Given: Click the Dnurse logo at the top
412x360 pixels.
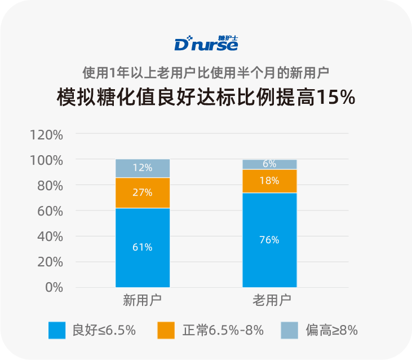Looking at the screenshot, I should (206, 43).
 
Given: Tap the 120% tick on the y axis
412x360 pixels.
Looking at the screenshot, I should (46, 135).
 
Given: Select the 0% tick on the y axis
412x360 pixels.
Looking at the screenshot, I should (53, 287).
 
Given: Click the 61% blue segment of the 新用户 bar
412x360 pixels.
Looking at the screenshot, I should (143, 248).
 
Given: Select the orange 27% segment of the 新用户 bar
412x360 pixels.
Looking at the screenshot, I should (143, 192).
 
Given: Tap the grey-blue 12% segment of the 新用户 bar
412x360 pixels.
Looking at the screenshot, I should (143, 168).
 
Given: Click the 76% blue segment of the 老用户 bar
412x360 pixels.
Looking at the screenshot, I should (269, 240).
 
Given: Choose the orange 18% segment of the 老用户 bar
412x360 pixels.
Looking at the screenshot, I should (269, 181).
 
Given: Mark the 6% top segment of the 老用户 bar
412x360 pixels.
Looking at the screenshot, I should (269, 164).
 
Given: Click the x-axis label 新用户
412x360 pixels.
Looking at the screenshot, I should (143, 299).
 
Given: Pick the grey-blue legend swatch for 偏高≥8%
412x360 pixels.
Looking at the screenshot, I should (289, 330).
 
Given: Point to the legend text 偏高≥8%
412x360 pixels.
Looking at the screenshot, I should (331, 330).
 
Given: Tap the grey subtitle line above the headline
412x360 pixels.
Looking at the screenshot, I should (206, 73).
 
